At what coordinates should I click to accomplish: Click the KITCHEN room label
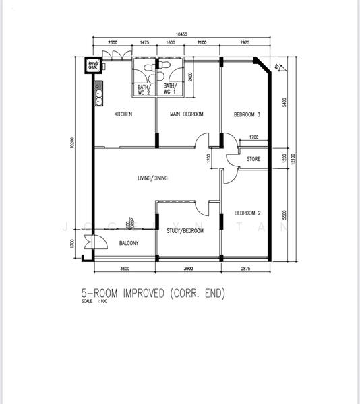coord(123,114)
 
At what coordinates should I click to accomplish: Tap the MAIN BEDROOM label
coord(187,114)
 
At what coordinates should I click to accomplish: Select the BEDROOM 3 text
coord(247,114)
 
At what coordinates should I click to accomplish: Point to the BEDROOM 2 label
coord(247,212)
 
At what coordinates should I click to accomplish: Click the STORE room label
coord(253,160)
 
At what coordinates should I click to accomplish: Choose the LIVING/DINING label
coord(152,178)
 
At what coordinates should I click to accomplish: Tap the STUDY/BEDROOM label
coord(185,230)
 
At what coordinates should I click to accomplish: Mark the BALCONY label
coord(129,243)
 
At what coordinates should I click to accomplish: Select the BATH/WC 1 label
coord(169,89)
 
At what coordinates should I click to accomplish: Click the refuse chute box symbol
coord(92,65)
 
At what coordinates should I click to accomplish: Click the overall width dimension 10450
coord(180,33)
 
